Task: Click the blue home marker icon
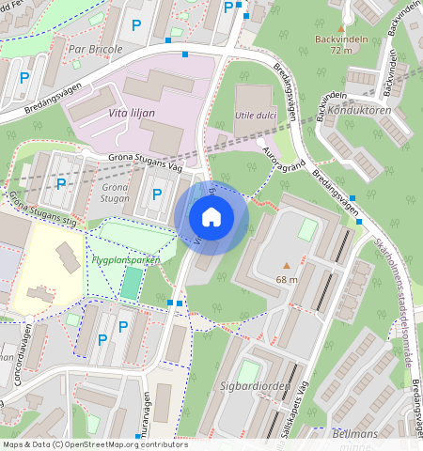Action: pos(211,218)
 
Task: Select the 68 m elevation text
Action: pos(287,279)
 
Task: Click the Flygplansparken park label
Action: pos(126,259)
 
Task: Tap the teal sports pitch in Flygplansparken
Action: pos(130,283)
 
